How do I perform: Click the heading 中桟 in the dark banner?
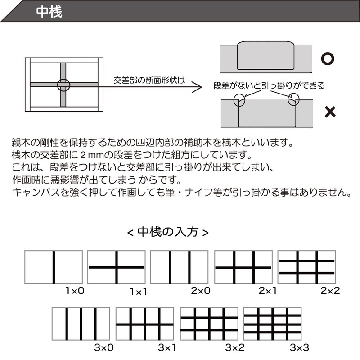(x=49, y=12)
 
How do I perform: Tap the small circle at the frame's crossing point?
(x=64, y=84)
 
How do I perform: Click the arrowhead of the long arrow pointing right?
(x=196, y=86)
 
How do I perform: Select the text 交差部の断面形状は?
(x=149, y=81)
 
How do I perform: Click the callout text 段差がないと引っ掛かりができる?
(x=269, y=85)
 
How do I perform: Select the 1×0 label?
(x=75, y=291)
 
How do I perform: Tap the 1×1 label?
(x=138, y=292)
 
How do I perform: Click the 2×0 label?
(x=201, y=291)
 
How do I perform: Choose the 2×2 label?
(x=330, y=291)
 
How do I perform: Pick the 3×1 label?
(x=167, y=347)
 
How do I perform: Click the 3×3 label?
(x=299, y=347)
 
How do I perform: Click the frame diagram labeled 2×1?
(x=243, y=267)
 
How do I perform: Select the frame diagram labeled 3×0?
(x=81, y=324)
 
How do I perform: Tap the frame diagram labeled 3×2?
(x=209, y=324)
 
